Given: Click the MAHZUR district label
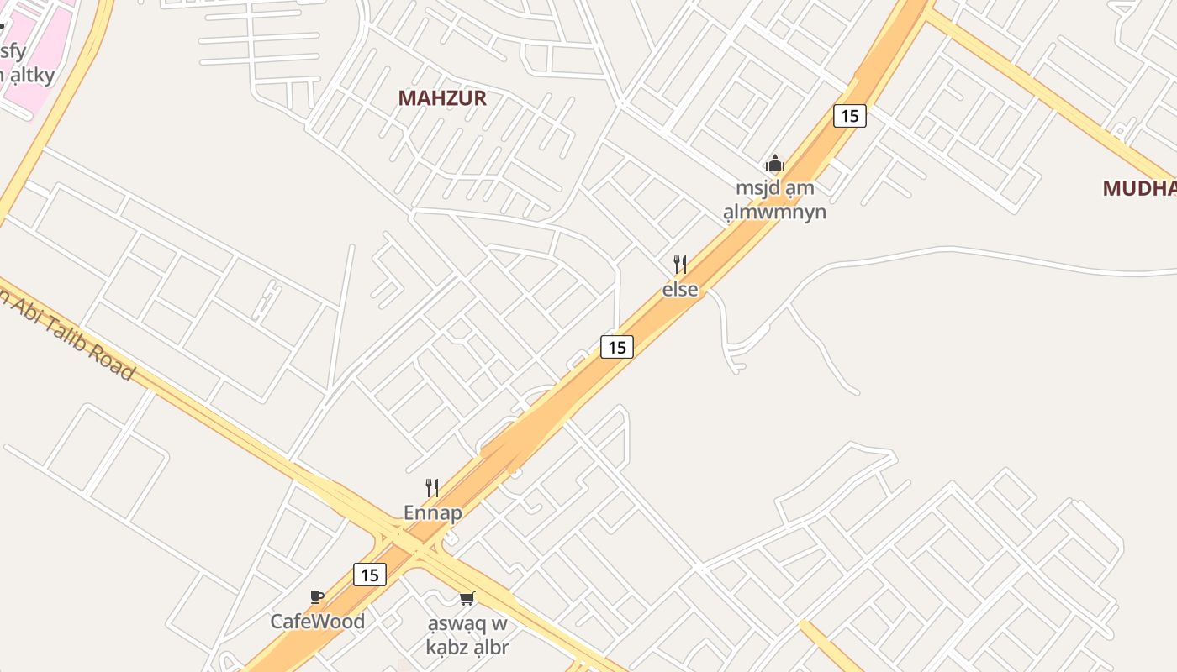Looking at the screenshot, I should click(442, 98).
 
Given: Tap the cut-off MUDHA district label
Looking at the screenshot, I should click(1140, 188).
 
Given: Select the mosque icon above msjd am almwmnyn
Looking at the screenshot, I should click(774, 163).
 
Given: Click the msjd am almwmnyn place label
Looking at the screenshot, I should click(774, 200).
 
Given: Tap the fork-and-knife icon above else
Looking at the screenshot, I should click(680, 265).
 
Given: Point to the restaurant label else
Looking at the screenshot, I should click(680, 289).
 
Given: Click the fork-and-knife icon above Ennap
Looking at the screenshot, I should click(432, 488).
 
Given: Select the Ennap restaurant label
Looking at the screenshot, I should click(432, 512).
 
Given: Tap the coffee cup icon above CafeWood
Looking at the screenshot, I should click(317, 597).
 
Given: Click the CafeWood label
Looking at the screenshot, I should click(317, 622).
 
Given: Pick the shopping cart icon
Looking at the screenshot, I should click(467, 598).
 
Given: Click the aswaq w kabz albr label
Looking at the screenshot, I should click(467, 635).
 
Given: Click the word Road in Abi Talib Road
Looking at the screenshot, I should click(114, 362).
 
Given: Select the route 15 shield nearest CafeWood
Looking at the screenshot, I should click(369, 575).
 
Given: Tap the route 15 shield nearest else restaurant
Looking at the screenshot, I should click(616, 346).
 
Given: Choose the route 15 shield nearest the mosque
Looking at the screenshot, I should click(849, 116).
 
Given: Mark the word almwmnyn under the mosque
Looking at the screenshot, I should click(774, 212).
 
